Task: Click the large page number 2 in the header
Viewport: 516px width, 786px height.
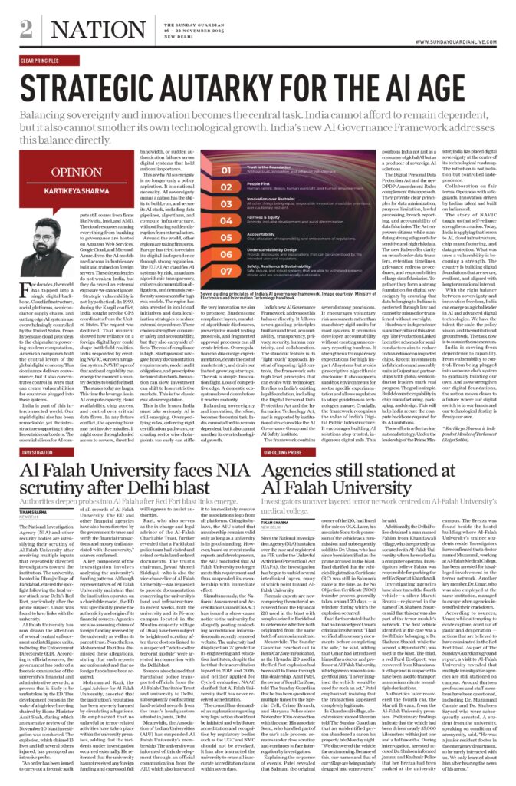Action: click(x=26, y=28)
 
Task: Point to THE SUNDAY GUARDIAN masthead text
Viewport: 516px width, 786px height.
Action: click(x=258, y=25)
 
